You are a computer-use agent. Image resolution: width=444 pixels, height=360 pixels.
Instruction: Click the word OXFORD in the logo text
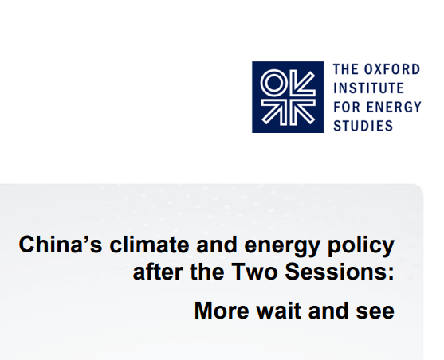(x=392, y=69)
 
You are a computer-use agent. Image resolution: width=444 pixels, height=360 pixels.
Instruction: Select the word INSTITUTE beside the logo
(x=369, y=88)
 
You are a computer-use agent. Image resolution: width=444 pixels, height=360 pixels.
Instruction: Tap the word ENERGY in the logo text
(x=394, y=107)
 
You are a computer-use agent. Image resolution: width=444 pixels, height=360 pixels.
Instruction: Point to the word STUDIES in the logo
(x=363, y=126)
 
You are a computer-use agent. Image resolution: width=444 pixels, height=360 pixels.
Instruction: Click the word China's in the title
(x=61, y=245)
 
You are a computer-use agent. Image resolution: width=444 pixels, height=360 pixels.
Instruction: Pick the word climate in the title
(x=149, y=245)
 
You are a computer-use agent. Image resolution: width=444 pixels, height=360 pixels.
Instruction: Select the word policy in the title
(x=361, y=247)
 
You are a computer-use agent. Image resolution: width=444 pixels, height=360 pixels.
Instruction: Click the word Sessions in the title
(x=336, y=272)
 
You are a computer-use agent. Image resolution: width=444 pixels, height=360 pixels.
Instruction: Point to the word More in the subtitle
(x=222, y=311)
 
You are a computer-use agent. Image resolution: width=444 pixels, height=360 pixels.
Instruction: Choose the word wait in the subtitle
(x=279, y=311)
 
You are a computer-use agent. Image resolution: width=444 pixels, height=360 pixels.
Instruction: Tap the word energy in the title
(x=282, y=247)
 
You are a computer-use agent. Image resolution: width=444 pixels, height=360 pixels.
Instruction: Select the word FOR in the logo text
(x=346, y=107)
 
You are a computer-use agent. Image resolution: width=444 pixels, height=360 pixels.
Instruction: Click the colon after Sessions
(x=391, y=274)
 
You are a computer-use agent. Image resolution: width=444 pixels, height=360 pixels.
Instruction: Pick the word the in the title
(x=207, y=272)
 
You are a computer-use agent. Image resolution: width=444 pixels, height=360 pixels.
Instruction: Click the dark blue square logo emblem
(x=288, y=97)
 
